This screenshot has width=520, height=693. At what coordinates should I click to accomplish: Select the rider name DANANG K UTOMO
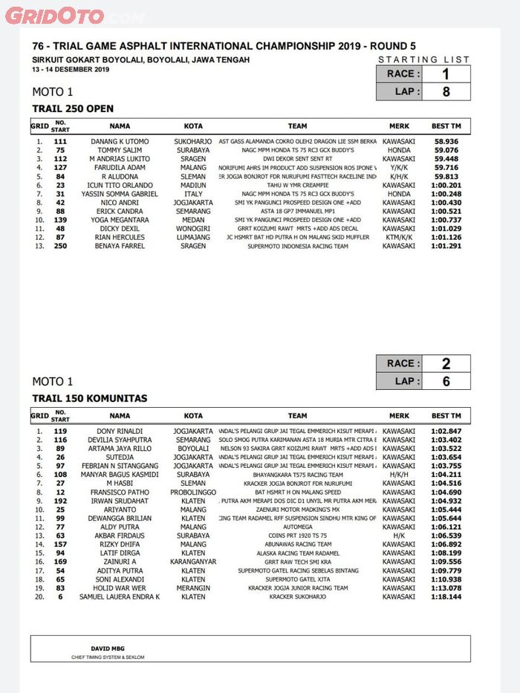tap(120, 141)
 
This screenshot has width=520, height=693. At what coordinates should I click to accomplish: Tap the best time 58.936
tap(446, 141)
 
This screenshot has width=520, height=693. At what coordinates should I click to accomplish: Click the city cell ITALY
tap(193, 194)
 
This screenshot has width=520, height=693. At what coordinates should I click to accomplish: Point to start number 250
tap(60, 246)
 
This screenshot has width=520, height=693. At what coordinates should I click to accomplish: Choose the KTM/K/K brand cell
tap(399, 238)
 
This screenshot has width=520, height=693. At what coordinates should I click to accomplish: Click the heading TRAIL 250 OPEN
tap(73, 108)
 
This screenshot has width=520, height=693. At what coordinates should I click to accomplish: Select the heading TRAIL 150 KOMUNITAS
tap(89, 398)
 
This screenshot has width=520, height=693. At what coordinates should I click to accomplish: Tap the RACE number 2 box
tap(446, 363)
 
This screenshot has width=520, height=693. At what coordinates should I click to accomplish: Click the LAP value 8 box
tap(446, 91)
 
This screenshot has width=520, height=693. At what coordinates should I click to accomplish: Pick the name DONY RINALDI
tap(120, 431)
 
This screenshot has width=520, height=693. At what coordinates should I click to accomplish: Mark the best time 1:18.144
tap(446, 596)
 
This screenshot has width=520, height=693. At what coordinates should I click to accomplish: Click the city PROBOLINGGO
tap(193, 492)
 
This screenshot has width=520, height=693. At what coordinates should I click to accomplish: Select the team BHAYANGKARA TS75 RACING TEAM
tap(297, 475)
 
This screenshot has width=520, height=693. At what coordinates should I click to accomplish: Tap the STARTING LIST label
tap(423, 59)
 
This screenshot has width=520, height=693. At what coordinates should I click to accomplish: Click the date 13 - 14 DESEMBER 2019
tap(71, 70)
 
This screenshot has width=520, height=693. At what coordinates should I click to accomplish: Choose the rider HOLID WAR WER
tap(120, 588)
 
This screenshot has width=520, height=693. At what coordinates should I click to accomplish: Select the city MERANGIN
tap(193, 588)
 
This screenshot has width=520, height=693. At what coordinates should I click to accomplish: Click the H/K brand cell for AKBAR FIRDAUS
tap(399, 536)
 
